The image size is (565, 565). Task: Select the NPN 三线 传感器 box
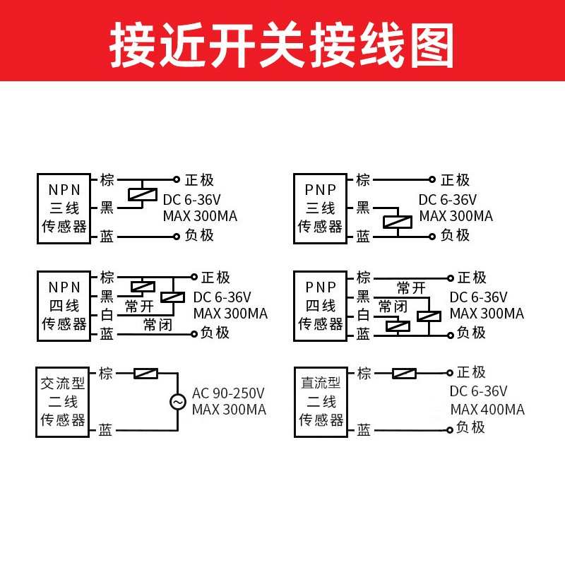point(64,208)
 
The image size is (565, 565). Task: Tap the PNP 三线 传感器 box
point(320,208)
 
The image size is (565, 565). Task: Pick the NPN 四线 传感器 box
point(64,306)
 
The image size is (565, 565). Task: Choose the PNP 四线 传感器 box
point(320,306)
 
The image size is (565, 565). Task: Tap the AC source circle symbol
point(177,402)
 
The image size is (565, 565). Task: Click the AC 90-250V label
point(228,393)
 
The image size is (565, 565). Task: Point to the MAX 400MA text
point(487,410)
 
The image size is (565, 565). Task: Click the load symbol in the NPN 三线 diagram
point(142,194)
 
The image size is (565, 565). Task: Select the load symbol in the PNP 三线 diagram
point(398,222)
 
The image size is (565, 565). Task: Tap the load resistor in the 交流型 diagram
point(145,373)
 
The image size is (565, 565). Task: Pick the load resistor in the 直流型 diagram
point(403,373)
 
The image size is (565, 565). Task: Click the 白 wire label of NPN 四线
point(107,315)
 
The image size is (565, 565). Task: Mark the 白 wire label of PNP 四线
point(363,315)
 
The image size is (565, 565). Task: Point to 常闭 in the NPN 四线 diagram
point(157,325)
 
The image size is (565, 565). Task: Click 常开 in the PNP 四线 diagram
point(411,287)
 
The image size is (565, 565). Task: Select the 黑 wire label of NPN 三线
point(107,208)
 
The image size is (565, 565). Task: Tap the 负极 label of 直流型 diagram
point(470,427)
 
